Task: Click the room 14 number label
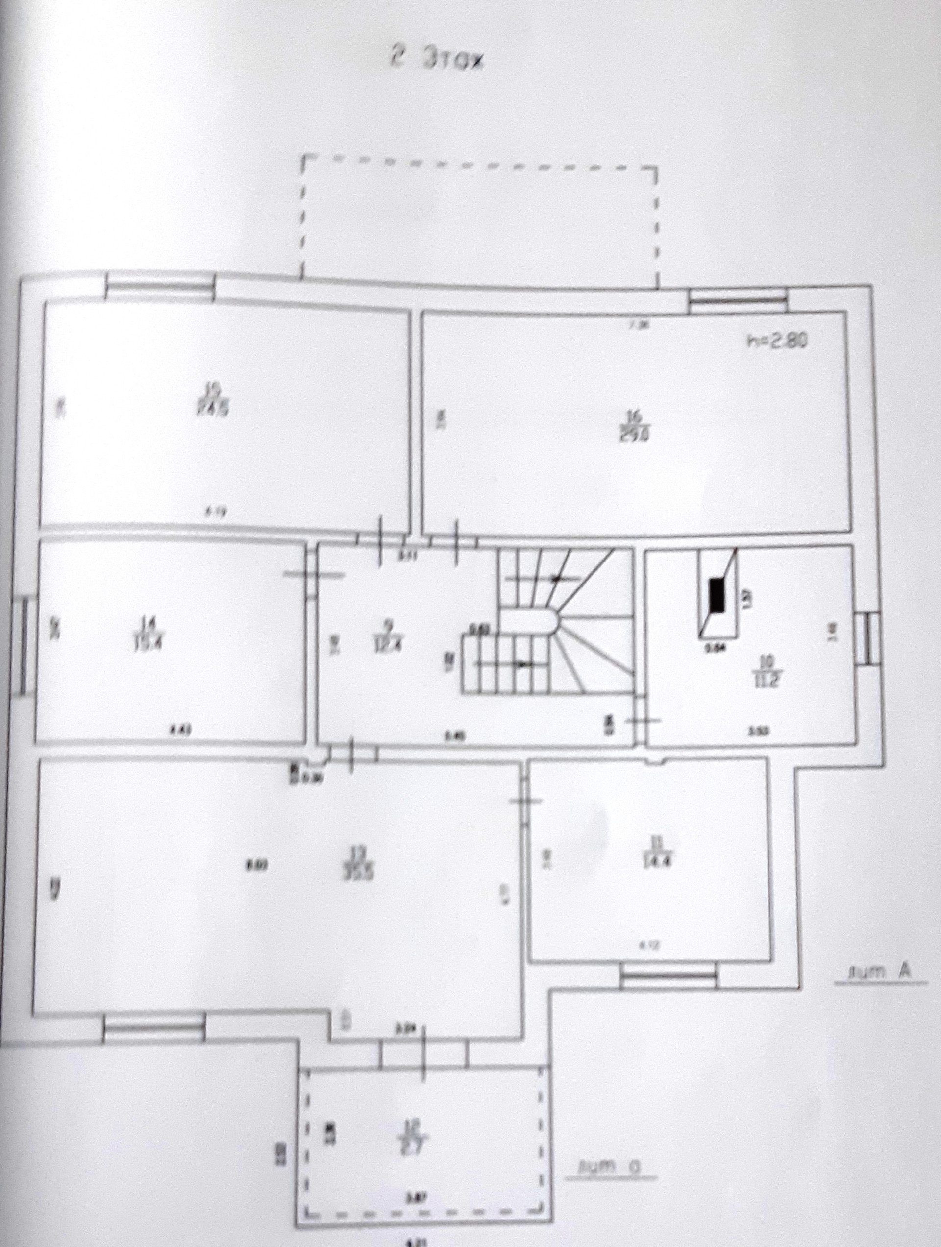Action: [148, 623]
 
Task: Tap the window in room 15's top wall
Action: [160, 288]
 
